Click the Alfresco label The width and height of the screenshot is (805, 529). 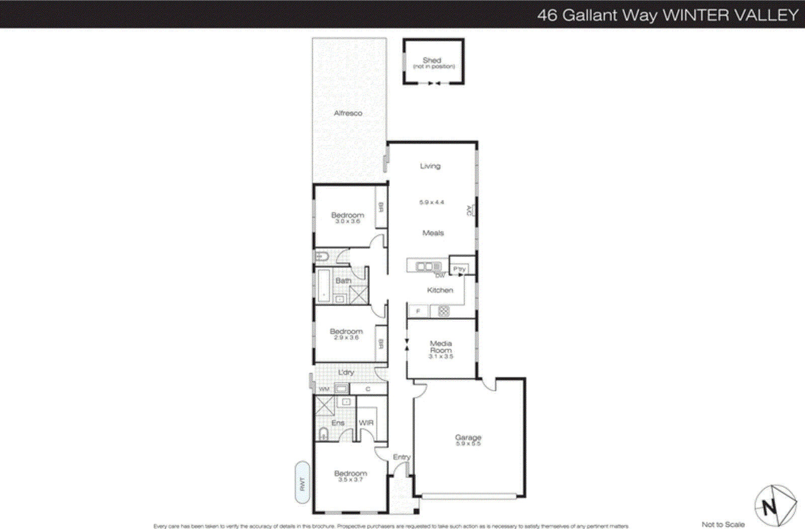click(348, 113)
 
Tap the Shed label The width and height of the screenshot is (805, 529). click(432, 60)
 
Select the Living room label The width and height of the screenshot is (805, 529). click(430, 166)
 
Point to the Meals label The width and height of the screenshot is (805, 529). click(433, 233)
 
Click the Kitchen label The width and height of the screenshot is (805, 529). click(440, 290)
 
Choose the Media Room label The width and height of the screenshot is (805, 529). click(441, 347)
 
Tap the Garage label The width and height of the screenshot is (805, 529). click(468, 437)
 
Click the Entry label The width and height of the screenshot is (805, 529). click(401, 457)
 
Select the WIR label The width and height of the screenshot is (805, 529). click(366, 423)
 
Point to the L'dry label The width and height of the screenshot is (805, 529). click(346, 373)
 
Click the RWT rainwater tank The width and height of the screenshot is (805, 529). click(302, 483)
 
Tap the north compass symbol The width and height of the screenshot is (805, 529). click(775, 505)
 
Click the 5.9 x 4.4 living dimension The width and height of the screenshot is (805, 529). click(432, 202)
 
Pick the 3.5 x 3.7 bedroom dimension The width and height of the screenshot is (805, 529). click(350, 480)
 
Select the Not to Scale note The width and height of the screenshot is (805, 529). click(723, 524)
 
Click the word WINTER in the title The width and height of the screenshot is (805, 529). click(695, 15)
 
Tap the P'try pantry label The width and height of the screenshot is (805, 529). click(459, 269)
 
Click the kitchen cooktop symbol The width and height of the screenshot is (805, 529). click(443, 311)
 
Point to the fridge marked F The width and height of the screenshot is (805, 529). click(418, 312)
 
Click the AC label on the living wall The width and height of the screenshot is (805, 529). click(469, 210)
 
